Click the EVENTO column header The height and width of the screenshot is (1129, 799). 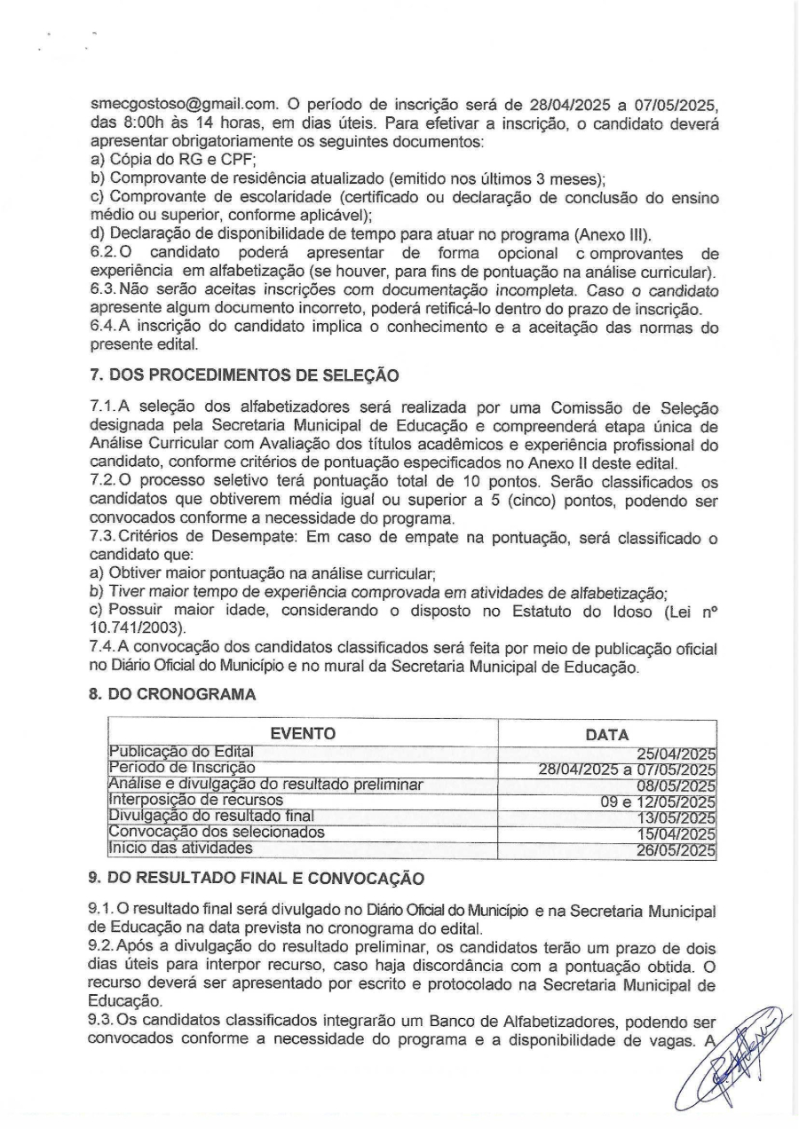tap(302, 734)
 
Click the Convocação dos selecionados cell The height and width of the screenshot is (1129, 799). tap(215, 833)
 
